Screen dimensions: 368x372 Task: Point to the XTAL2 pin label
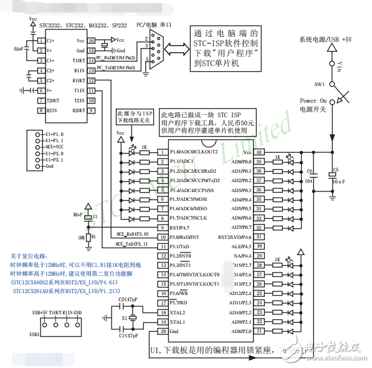click(178, 312)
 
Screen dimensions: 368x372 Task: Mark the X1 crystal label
click(125, 317)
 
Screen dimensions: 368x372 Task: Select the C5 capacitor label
click(336, 170)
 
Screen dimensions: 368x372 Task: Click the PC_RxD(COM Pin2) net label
click(116, 57)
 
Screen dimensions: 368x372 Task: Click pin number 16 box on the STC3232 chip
click(91, 41)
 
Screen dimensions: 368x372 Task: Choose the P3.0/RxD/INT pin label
click(186, 237)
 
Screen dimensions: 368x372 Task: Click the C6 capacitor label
click(310, 170)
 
